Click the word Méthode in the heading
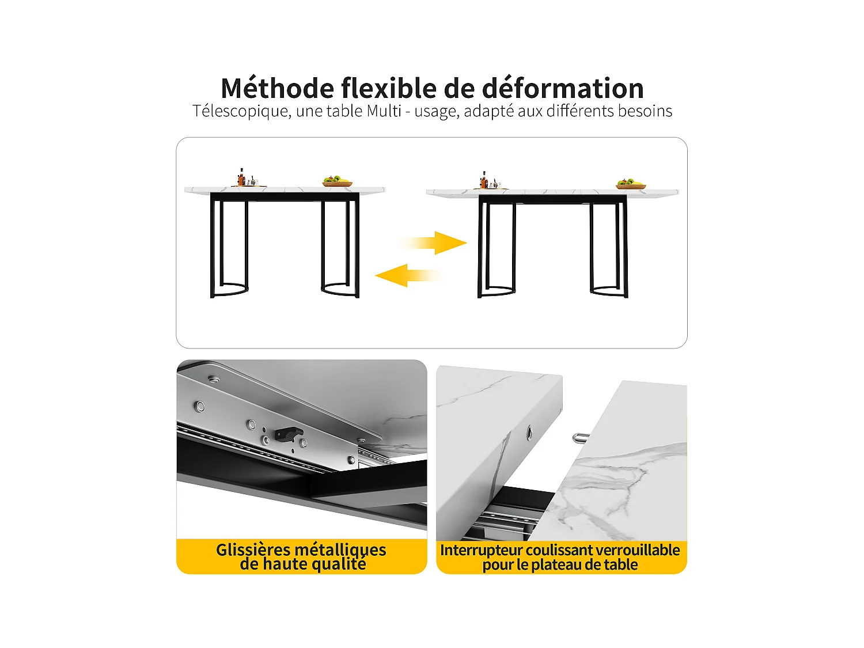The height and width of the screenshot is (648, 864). pyautogui.click(x=278, y=89)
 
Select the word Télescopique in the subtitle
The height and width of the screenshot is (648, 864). pyautogui.click(x=241, y=111)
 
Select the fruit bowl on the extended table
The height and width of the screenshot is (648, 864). pyautogui.click(x=631, y=184)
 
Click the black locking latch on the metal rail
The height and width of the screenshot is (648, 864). pyautogui.click(x=289, y=434)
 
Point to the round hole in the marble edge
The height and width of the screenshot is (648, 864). pyautogui.click(x=529, y=433)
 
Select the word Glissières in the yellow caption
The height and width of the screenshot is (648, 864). pyautogui.click(x=253, y=550)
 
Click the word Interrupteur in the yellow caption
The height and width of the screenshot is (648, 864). pyautogui.click(x=482, y=550)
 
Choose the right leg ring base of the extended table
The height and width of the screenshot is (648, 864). pyautogui.click(x=609, y=291)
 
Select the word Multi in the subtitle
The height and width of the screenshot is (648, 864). pyautogui.click(x=384, y=111)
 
